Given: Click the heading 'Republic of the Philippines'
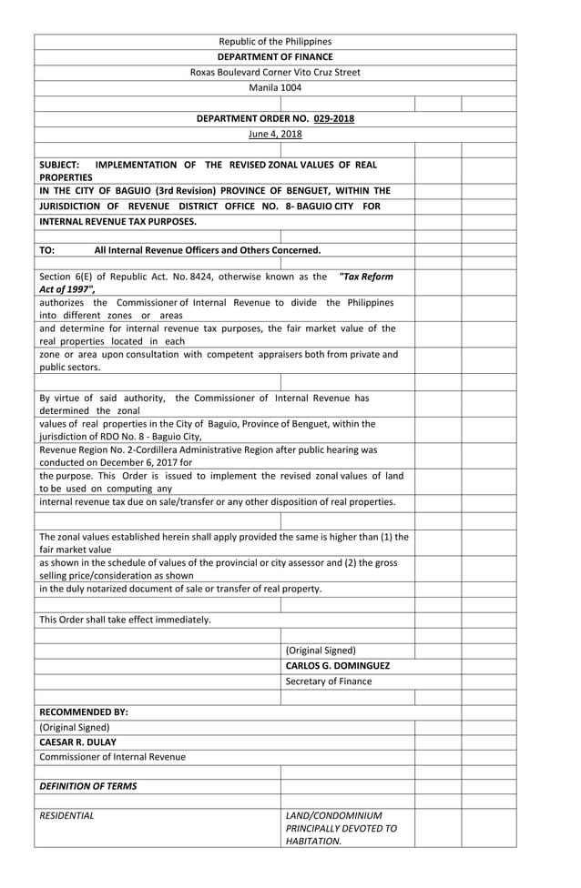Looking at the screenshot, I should tap(275, 41).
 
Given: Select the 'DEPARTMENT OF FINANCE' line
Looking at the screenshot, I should tap(275, 56).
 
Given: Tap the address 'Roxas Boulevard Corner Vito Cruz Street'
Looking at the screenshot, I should tap(275, 72).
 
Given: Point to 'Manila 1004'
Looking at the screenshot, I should tap(275, 88).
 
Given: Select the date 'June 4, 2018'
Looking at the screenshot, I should tap(275, 134).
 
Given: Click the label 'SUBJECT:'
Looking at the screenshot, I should tap(59, 165).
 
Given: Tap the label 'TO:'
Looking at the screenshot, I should tap(47, 249).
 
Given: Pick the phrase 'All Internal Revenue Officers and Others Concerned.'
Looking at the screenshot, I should tap(208, 249).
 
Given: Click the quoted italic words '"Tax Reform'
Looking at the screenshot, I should tap(366, 276).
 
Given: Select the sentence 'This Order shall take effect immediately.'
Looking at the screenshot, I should tap(125, 620).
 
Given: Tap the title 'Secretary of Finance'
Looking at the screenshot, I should tap(328, 681).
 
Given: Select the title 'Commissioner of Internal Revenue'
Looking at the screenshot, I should tap(112, 757).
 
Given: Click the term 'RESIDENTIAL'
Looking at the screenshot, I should tap(66, 816).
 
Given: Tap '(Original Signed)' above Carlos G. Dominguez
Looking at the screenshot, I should tap(321, 651).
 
